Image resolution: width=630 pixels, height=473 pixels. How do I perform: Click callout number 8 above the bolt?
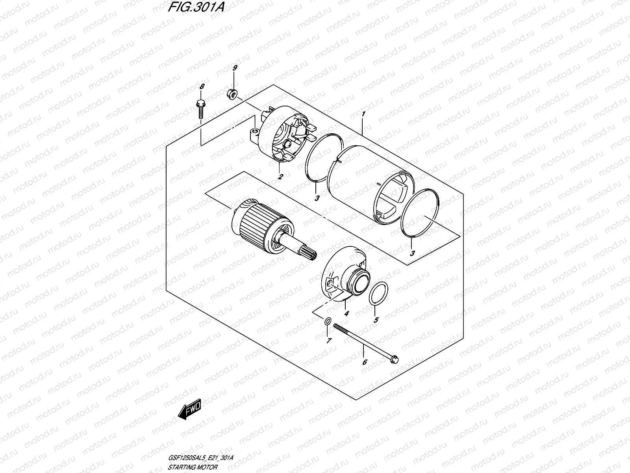tap(202, 86)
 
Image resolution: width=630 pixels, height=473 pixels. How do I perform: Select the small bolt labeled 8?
tap(200, 108)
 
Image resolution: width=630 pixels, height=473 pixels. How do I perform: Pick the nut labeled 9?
tap(232, 94)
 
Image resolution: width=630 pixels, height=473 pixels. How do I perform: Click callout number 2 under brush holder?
tap(280, 177)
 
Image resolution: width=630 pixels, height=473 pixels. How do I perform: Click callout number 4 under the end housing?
tap(346, 314)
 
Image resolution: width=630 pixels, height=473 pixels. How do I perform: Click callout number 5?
tap(376, 320)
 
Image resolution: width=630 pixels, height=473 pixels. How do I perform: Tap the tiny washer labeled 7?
tap(328, 322)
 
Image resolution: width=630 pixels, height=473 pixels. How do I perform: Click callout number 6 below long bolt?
tap(365, 361)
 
